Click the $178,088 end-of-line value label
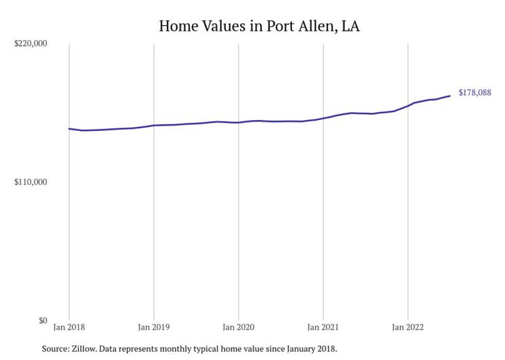click(475, 93)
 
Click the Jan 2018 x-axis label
click(69, 327)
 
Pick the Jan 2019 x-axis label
click(154, 327)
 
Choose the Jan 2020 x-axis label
click(238, 327)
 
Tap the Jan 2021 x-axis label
click(323, 327)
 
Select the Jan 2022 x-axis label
click(408, 327)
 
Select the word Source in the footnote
click(55, 349)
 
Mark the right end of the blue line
click(450, 96)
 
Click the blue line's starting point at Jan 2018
click(69, 129)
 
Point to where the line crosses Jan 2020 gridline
click(238, 123)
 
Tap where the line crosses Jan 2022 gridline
click(408, 106)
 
